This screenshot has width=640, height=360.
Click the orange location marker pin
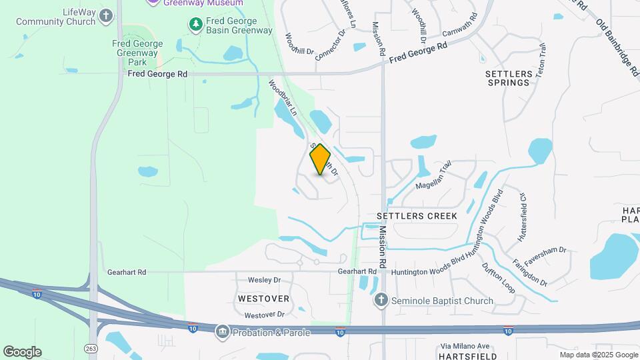click(x=321, y=159)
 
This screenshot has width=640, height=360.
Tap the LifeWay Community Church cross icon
click(x=106, y=15)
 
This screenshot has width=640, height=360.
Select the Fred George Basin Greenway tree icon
click(x=195, y=25)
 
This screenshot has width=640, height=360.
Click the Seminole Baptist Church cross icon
click(x=381, y=301)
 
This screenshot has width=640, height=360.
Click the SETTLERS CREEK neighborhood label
click(x=417, y=216)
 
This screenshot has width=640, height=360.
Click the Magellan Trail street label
click(x=433, y=177)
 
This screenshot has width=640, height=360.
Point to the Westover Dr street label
click(x=265, y=315)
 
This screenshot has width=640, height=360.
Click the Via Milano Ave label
click(x=465, y=346)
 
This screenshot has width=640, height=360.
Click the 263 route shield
click(x=91, y=348)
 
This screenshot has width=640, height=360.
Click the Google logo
click(x=22, y=352)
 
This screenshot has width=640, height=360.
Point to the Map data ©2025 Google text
click(x=599, y=355)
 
